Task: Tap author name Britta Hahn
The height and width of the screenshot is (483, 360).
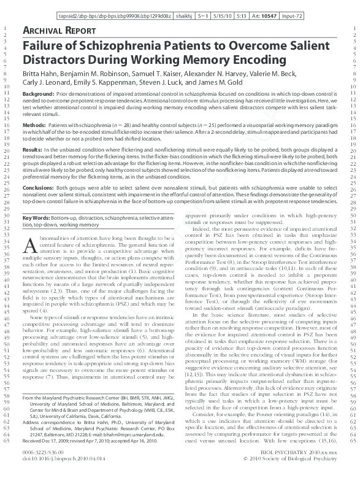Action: (40, 75)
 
